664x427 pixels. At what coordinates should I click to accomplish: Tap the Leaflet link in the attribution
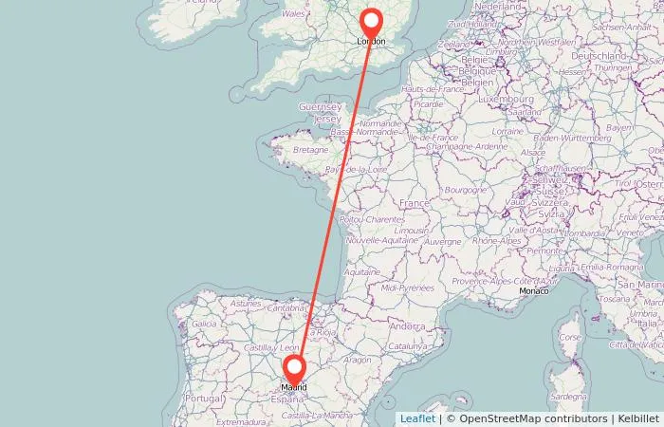(417, 418)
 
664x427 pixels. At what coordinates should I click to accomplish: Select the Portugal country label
(202, 399)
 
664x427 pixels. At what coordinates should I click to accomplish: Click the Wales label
(293, 14)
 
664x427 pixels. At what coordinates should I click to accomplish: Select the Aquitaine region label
(361, 271)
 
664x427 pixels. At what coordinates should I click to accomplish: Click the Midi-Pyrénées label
(408, 287)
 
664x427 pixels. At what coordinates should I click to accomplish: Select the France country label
(415, 204)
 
